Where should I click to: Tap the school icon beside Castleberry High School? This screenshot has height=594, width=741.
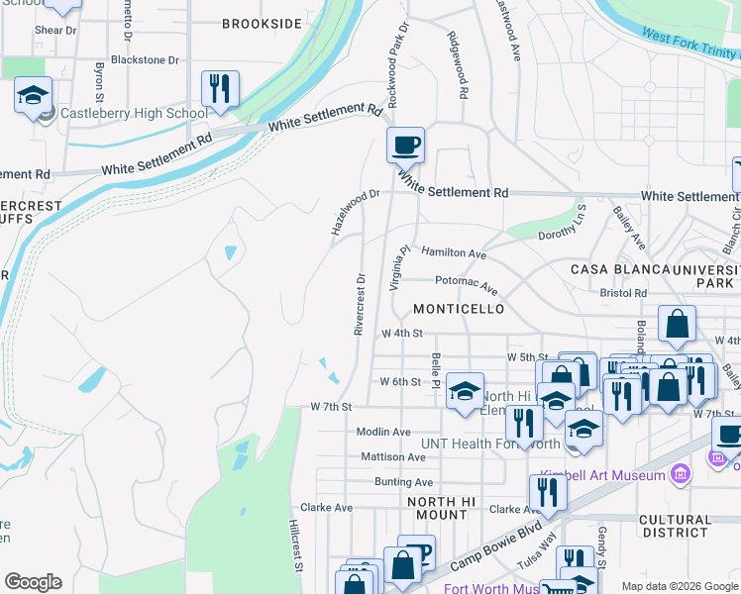pos(33,97)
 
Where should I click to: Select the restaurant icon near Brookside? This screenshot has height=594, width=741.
pos(219,88)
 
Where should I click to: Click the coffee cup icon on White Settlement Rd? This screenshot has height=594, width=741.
pos(405,146)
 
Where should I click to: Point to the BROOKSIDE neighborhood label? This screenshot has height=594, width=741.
pos(262,24)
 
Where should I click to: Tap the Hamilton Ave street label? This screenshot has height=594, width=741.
pos(454,253)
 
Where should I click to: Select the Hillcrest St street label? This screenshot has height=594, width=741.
pos(295,545)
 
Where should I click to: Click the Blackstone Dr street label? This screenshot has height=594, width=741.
pos(145,59)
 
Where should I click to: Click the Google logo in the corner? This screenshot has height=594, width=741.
pos(33,582)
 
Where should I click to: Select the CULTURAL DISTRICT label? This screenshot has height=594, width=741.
pos(675,527)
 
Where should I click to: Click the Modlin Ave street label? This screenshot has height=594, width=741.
pos(383,432)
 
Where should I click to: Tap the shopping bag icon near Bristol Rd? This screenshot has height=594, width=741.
pos(678,323)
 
